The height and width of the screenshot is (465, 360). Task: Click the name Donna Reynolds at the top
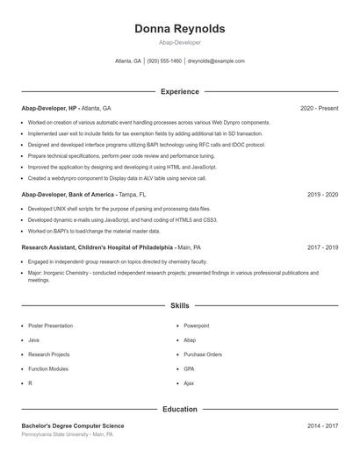coord(179,29)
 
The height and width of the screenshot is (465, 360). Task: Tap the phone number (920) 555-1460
coord(164,61)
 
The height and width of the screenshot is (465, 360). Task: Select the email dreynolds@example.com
coord(216,61)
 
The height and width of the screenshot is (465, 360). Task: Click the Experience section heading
coord(179,91)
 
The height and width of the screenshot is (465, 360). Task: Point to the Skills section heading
coord(179,306)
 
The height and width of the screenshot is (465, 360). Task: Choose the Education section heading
coord(179,409)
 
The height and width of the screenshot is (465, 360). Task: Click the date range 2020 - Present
coord(319,108)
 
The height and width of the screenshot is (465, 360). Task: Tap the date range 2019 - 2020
coord(321,194)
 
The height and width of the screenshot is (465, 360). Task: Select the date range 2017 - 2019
coord(321,247)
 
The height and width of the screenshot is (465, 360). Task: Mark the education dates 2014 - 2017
coord(321,426)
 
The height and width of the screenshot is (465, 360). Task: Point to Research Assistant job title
coord(97,247)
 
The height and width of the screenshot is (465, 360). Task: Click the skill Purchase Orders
coord(202,354)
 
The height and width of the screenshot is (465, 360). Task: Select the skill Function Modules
coord(47,368)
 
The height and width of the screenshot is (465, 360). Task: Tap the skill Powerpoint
coord(196,325)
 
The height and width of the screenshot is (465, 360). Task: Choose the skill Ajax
coord(190,383)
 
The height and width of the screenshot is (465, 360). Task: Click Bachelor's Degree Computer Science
coord(73,426)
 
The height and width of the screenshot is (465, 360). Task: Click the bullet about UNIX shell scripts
coord(119,209)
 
